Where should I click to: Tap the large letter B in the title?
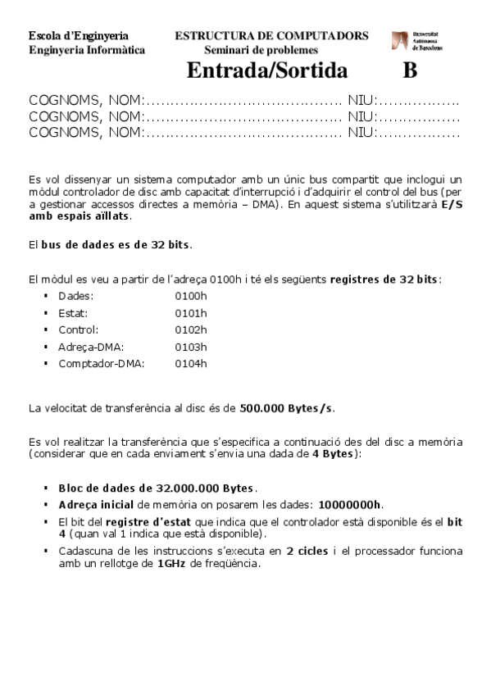(410, 70)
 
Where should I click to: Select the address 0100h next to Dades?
(191, 295)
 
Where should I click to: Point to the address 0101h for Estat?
(191, 312)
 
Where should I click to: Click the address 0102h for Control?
(191, 329)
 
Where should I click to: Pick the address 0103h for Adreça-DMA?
(191, 347)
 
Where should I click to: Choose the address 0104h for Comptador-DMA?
(191, 364)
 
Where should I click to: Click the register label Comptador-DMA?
(101, 364)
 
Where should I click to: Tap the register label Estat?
(73, 312)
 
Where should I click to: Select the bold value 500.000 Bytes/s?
(287, 407)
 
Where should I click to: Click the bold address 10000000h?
(350, 504)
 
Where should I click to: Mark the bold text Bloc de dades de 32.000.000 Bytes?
(158, 487)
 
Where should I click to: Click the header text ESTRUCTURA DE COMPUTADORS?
(271, 36)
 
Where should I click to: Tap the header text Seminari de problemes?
(261, 50)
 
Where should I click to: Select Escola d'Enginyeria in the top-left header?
(78, 36)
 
